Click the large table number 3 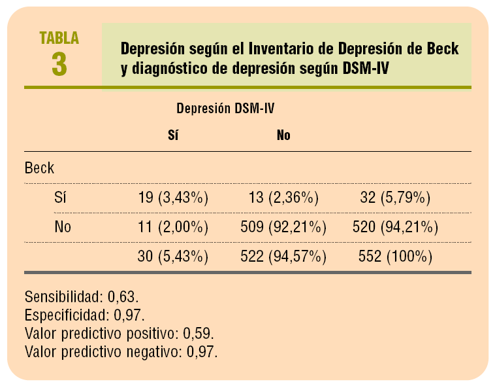tap(59, 63)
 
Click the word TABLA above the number tap(59, 37)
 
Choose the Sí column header tap(173, 135)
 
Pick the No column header tap(283, 135)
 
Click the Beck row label tap(39, 167)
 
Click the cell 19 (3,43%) tap(172, 198)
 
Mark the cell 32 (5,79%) tap(394, 198)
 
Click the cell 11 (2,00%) tap(172, 228)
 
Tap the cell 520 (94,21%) tap(394, 228)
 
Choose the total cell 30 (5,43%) tap(172, 257)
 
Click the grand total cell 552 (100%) tap(394, 257)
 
